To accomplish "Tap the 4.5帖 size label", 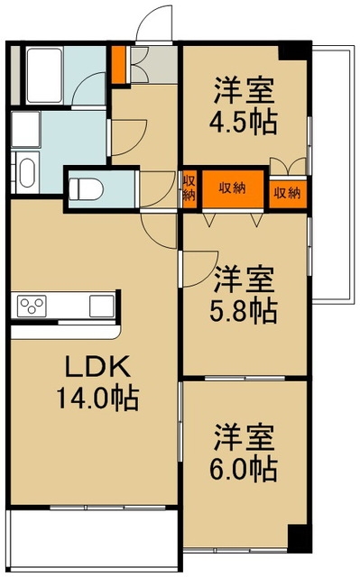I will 245,120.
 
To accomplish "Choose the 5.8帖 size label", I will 245,311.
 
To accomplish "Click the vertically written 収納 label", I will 189,189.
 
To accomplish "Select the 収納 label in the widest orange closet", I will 232,188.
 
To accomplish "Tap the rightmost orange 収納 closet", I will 288,192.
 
